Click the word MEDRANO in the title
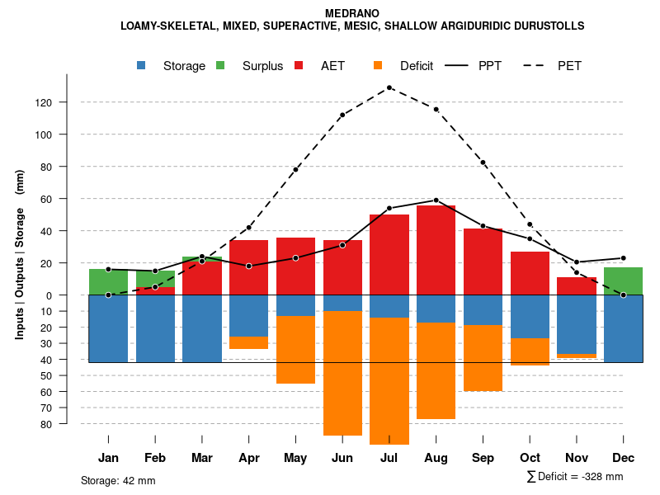[352, 13]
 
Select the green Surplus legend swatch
[221, 66]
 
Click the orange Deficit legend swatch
[378, 66]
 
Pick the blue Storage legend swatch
[142, 66]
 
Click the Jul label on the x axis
[389, 458]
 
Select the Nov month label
[577, 458]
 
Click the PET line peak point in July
[389, 87]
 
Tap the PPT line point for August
[436, 200]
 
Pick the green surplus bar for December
[623, 281]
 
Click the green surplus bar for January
[108, 282]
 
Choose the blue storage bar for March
[202, 328]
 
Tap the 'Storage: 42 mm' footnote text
[118, 480]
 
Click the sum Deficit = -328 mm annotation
[574, 476]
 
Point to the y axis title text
[20, 255]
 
